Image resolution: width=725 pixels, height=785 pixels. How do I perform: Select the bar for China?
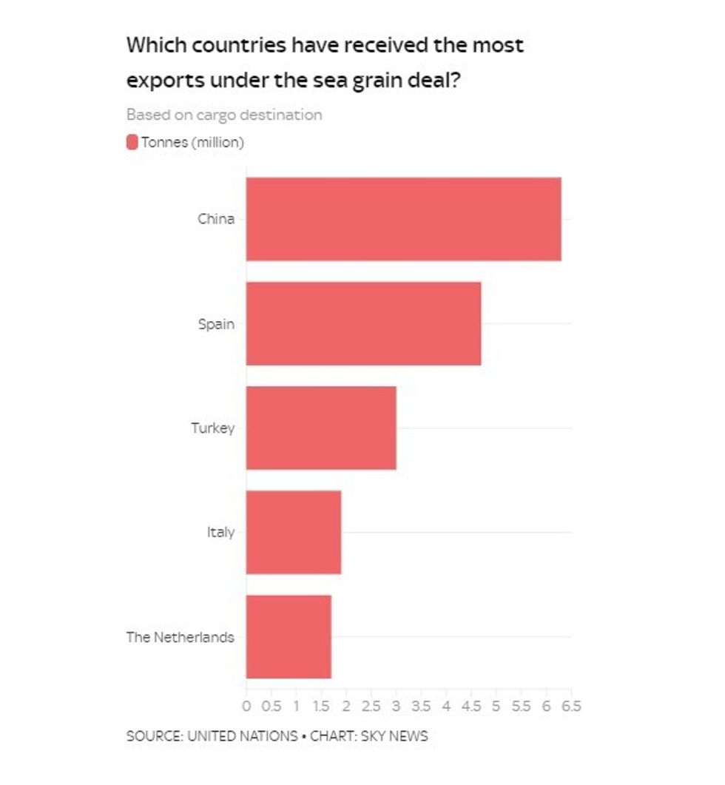pos(403,219)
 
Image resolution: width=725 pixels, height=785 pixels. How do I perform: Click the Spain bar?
pos(363,323)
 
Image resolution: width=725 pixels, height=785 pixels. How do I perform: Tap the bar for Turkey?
pos(321,428)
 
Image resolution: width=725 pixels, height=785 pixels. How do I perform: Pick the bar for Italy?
pos(294,532)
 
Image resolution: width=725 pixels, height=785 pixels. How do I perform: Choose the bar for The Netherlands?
pos(289,636)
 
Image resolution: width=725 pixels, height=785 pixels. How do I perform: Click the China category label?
pos(216,219)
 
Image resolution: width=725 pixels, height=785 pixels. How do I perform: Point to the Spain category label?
pos(216,324)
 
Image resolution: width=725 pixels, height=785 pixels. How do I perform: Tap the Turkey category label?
pos(212,428)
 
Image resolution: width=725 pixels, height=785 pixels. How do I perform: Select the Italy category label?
pos(220,533)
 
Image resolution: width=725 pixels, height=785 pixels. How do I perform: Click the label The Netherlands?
pos(180,637)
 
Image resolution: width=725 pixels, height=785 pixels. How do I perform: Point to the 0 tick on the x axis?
pos(246,706)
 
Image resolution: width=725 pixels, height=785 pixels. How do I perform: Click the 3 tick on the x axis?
pos(396,706)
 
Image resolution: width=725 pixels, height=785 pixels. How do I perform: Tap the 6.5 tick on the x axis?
pos(572,706)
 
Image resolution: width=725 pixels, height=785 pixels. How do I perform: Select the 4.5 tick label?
pos(471,706)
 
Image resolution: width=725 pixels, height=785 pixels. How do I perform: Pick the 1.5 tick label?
pos(321,706)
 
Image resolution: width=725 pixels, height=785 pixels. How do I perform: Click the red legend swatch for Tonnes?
pos(132,142)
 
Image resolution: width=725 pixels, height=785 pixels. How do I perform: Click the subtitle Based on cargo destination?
pos(224,115)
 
